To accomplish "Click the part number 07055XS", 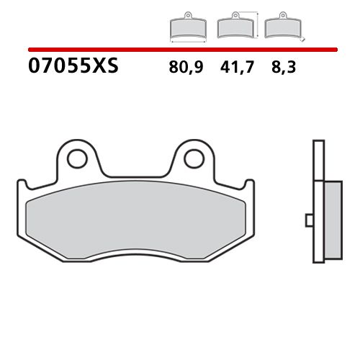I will (x=72, y=68).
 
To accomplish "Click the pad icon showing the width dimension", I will (x=186, y=27).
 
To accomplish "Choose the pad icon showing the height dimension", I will (x=235, y=27).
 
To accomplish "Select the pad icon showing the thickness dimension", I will (x=283, y=27).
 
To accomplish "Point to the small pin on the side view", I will (x=308, y=219).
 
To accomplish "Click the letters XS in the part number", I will (x=105, y=68).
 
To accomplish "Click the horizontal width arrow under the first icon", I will (x=186, y=40).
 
